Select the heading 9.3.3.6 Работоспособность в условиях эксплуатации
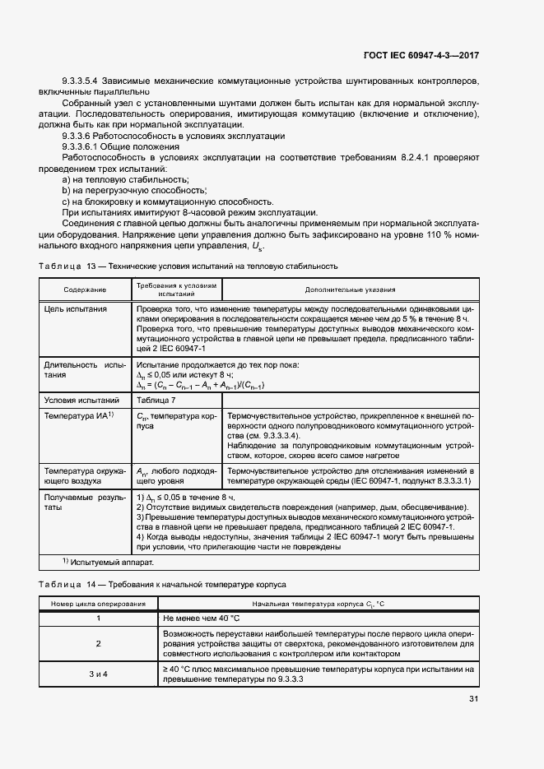[174, 134]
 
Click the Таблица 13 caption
[188, 266]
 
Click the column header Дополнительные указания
[350, 290]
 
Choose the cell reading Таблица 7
[156, 399]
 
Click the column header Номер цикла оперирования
[99, 605]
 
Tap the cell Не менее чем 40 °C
[202, 618]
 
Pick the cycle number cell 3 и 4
[99, 674]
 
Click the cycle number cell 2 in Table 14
[99, 644]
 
